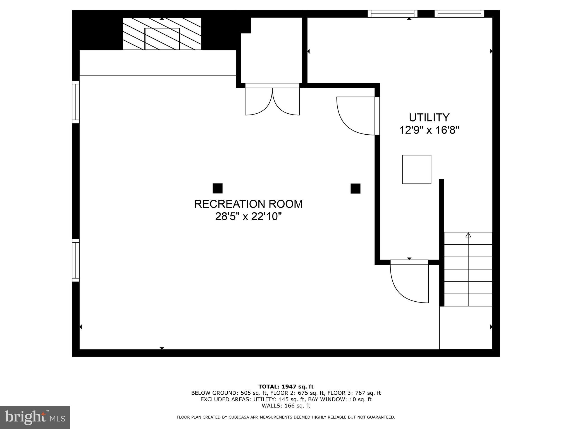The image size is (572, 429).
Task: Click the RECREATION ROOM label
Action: (x=248, y=204)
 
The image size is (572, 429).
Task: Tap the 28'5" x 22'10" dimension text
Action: (x=248, y=216)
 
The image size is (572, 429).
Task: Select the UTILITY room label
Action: (x=429, y=118)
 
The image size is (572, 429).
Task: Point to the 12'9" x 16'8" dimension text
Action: (x=429, y=130)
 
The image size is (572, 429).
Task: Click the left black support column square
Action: (x=218, y=188)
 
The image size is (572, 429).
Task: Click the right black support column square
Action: (x=355, y=188)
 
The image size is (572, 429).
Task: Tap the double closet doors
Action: (x=272, y=101)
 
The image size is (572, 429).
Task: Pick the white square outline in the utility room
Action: (x=416, y=169)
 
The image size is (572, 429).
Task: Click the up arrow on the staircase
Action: (x=468, y=235)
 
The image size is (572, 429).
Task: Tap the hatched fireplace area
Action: (x=162, y=34)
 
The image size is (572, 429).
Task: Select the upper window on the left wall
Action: (x=76, y=102)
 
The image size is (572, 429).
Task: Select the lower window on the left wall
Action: (x=76, y=260)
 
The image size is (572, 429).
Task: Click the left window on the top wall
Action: (x=392, y=14)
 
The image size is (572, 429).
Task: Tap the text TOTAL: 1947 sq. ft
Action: (x=286, y=387)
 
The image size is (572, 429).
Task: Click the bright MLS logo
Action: (x=35, y=418)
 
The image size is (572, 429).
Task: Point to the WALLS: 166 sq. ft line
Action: (x=286, y=406)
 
